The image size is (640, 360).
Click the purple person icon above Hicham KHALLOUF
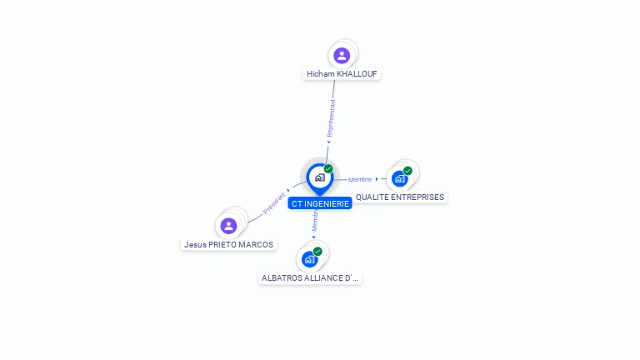point(341,56)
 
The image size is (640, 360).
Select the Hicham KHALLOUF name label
point(342,74)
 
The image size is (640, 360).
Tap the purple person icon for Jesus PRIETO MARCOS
point(228,226)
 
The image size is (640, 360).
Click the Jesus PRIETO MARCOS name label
point(229,245)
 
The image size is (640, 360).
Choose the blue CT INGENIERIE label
point(320,203)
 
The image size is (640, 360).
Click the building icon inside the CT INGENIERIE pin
point(319,177)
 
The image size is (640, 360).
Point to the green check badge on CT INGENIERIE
point(328,169)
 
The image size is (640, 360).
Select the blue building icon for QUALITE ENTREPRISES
point(399,178)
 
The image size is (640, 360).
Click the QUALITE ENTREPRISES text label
point(400,197)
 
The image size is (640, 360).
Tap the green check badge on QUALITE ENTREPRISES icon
point(407,171)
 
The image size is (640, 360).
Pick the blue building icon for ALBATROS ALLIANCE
point(309,259)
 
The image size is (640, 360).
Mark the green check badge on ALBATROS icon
point(317,252)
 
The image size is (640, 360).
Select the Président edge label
point(274,203)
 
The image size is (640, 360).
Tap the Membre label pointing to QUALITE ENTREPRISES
point(360,179)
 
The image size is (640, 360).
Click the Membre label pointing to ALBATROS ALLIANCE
point(315,221)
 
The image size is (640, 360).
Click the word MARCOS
point(257,245)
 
